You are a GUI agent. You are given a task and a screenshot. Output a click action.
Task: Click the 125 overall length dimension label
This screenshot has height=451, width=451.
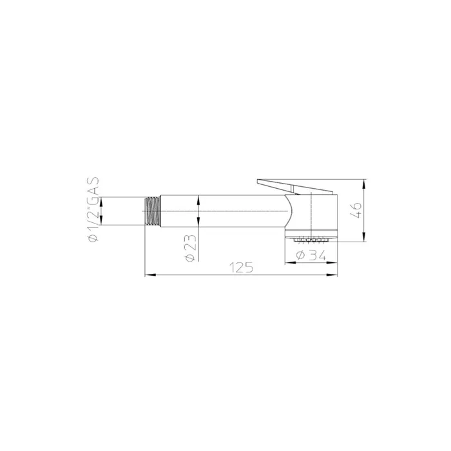(241, 267)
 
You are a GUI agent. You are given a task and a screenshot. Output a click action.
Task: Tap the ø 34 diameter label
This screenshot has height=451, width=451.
(311, 255)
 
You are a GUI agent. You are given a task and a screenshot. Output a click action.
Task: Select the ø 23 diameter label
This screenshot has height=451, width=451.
(191, 248)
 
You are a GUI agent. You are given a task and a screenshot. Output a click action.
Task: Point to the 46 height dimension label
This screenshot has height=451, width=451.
(356, 210)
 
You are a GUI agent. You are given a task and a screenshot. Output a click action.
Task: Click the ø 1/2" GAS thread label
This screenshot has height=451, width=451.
(94, 209)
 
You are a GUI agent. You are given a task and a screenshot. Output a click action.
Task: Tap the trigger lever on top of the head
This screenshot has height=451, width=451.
(295, 187)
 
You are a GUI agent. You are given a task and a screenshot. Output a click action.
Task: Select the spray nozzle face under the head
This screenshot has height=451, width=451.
(311, 239)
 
